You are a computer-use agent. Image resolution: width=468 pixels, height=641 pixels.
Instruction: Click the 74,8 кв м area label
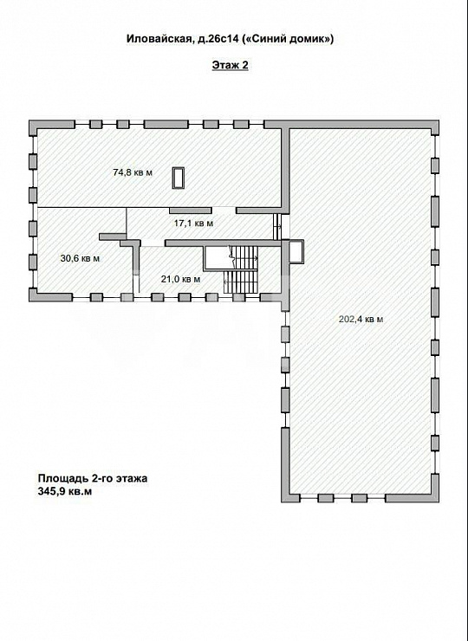click(x=133, y=172)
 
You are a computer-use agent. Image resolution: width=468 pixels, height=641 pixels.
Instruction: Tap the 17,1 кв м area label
click(x=193, y=223)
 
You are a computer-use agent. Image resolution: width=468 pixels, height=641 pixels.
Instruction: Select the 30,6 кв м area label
click(x=80, y=258)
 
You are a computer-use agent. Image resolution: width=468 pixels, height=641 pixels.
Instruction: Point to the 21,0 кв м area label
click(x=181, y=279)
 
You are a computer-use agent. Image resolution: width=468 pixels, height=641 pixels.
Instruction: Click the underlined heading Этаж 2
click(x=230, y=66)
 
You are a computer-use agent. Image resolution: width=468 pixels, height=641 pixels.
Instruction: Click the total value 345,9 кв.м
click(x=64, y=491)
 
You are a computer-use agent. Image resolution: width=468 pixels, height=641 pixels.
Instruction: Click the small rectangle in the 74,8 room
click(x=179, y=178)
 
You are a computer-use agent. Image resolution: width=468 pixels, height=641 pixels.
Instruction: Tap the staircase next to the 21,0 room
click(x=242, y=268)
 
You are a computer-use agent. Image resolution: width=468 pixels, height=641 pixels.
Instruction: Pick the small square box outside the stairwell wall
click(x=296, y=250)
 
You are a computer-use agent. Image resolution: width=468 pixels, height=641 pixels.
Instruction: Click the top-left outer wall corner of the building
click(x=33, y=125)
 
